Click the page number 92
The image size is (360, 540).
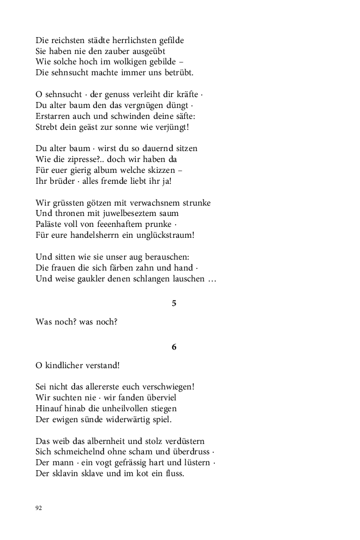pyautogui.click(x=39, y=508)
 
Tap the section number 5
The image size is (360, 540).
pyautogui.click(x=174, y=304)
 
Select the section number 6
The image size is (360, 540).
pyautogui.click(x=174, y=347)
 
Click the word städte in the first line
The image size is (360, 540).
pyautogui.click(x=93, y=40)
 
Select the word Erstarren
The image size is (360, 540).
pyautogui.click(x=53, y=116)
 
